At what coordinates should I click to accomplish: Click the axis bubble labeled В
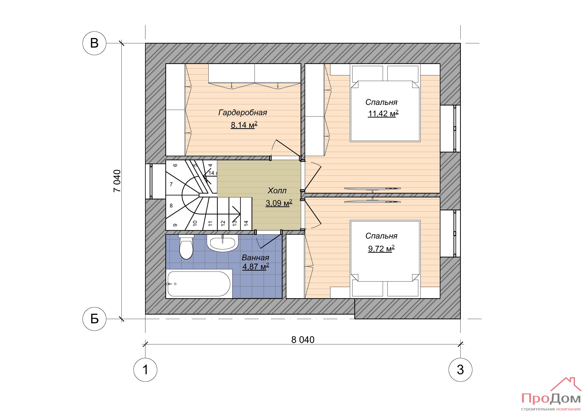[94, 43]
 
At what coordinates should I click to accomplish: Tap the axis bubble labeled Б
[94, 319]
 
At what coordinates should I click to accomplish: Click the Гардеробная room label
[243, 112]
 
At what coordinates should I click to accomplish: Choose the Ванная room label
[255, 258]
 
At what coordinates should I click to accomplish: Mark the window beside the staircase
[151, 181]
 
